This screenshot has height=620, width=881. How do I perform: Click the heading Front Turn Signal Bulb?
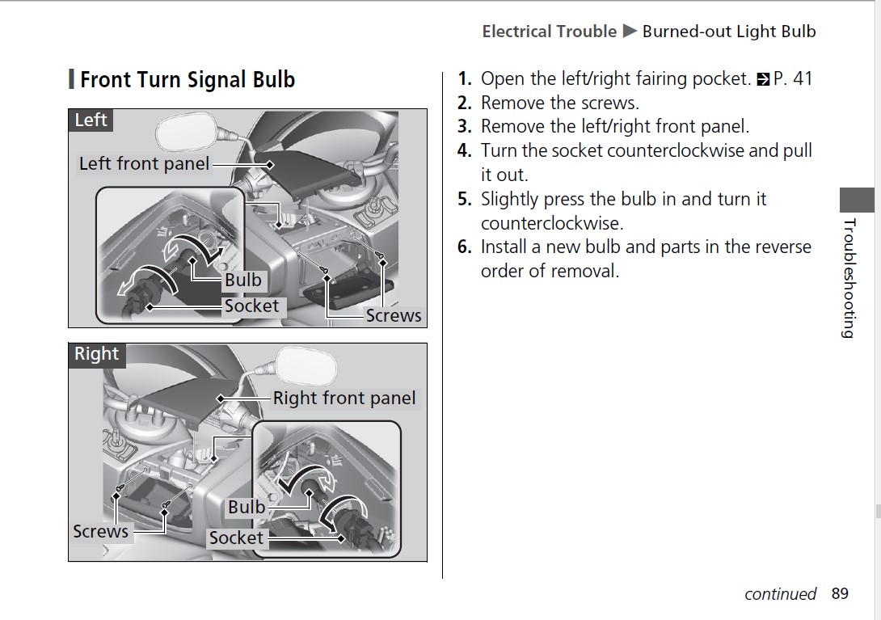point(187,80)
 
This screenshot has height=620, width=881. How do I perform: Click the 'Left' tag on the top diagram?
point(90,120)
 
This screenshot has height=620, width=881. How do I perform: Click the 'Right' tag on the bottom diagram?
point(96,354)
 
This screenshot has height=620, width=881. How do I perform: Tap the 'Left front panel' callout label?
point(144,164)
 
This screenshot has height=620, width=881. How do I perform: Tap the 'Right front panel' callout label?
point(344,398)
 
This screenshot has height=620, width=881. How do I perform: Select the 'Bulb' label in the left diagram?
point(242,280)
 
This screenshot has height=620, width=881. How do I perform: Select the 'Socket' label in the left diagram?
point(251,306)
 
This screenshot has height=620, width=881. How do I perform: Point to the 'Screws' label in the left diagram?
point(393,315)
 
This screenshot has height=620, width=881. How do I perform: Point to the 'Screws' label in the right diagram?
point(100,531)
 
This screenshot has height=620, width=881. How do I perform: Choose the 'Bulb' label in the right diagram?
point(246,507)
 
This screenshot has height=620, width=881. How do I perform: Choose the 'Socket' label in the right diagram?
point(236,538)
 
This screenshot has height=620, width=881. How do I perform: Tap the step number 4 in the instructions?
point(464,151)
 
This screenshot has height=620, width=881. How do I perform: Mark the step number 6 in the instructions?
point(464,247)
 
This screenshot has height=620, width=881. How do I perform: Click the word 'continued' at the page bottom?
point(780,594)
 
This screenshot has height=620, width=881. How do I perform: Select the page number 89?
point(840,594)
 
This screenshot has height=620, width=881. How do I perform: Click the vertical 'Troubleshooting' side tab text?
point(849,278)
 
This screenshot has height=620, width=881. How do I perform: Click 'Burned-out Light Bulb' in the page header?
point(728,32)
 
